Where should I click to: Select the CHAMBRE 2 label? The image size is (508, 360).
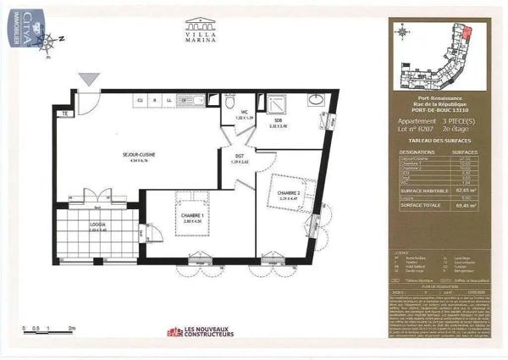click(289, 193)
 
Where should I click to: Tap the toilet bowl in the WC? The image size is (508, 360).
click(229, 100)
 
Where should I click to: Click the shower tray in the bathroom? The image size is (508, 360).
click(277, 102)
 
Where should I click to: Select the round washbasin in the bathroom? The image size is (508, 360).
click(315, 101)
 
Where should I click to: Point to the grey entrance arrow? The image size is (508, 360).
click(88, 78)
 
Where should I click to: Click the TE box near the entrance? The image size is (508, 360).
click(63, 113)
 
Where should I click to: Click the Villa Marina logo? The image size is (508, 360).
click(200, 33)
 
